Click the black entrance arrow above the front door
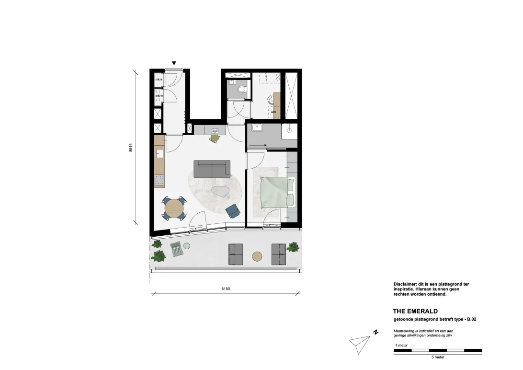174,63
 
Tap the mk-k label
159,80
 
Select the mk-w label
159,96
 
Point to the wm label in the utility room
273,112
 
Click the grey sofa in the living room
212,169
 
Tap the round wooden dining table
174,208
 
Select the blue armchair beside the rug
233,211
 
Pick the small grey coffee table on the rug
220,192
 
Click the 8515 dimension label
131,148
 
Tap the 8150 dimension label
226,289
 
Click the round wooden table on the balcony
257,256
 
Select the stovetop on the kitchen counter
159,180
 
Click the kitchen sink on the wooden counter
159,154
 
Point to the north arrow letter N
376,332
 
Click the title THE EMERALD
415,311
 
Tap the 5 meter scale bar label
438,357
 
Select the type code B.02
472,319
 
